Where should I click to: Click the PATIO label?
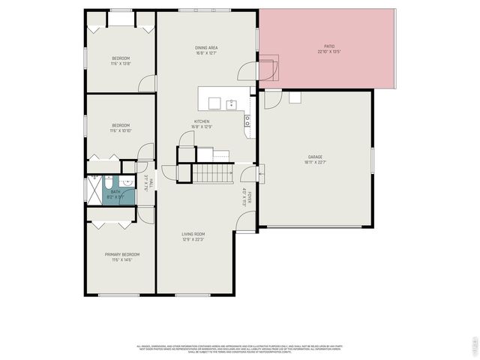[x=328, y=46]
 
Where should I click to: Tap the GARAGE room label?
[x=314, y=157]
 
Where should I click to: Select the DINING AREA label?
[x=206, y=48]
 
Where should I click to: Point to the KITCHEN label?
[x=202, y=121]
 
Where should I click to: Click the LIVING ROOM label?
[x=193, y=234]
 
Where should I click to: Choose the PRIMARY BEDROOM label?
[x=121, y=254]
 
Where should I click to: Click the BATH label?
[x=115, y=192]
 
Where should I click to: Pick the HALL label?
[x=151, y=182]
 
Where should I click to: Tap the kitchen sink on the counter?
[x=232, y=104]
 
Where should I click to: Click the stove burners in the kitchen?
[x=247, y=120]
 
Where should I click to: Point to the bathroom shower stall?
[x=94, y=190]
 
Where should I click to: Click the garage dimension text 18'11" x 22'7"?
[x=314, y=162]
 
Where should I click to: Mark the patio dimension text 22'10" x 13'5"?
[x=328, y=52]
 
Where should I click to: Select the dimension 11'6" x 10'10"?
[x=121, y=130]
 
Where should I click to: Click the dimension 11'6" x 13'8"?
[x=121, y=64]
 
